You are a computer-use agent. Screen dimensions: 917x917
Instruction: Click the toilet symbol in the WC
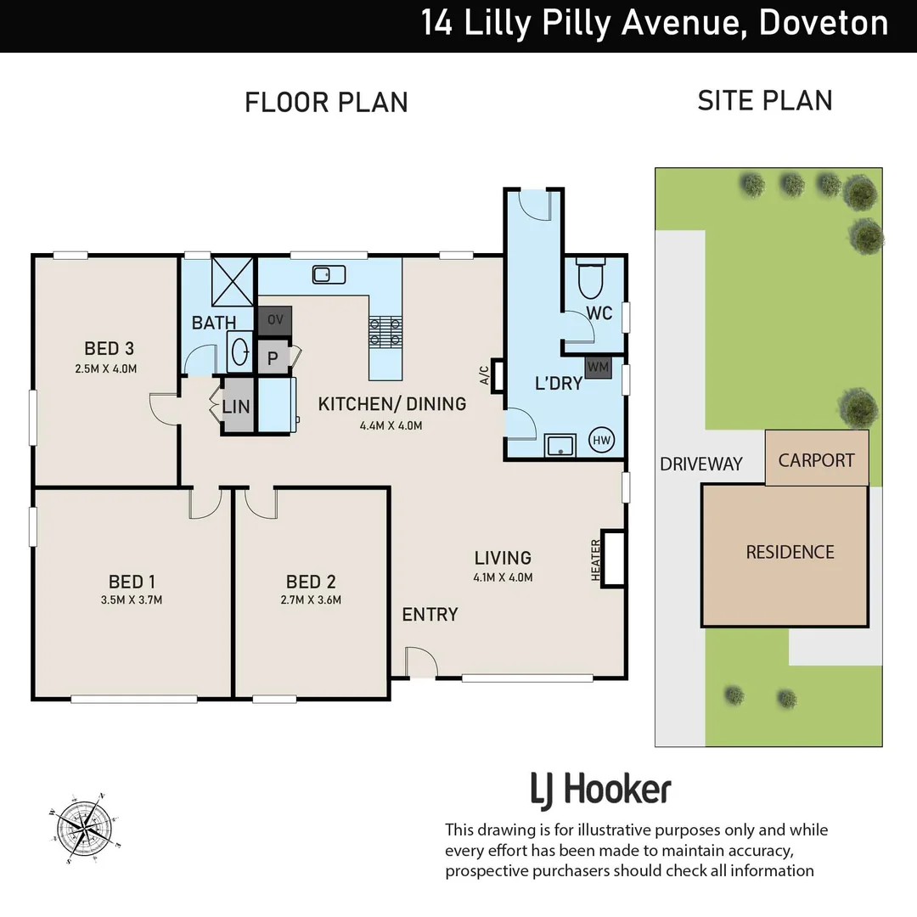pos(588,276)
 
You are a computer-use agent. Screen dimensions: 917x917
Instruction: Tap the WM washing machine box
pos(599,368)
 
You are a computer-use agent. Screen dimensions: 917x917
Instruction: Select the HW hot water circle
pos(602,439)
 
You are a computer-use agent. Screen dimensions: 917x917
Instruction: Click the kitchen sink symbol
pos(328,273)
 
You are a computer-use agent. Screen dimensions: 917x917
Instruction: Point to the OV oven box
pos(274,320)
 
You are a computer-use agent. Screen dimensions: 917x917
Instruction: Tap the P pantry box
pos(273,357)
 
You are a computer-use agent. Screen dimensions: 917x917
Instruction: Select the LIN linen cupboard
pos(236,407)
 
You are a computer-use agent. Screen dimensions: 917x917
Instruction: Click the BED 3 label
pos(109,348)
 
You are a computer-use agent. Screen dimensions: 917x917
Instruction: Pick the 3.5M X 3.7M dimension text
pos(132,599)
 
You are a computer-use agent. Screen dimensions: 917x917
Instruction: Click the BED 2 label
pos(310,582)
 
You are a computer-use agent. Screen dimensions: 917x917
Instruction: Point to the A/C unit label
pos(483,374)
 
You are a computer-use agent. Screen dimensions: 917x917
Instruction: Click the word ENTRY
pos(430,614)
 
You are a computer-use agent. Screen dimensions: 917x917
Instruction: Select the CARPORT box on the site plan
pos(816,459)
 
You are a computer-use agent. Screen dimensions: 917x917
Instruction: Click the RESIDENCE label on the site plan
pos(790,552)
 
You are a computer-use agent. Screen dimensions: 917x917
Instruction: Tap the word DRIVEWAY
pos(701,464)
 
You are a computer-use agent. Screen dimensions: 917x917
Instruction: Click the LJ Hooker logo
pos(600,790)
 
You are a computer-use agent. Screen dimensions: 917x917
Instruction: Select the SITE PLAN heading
pos(764,100)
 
